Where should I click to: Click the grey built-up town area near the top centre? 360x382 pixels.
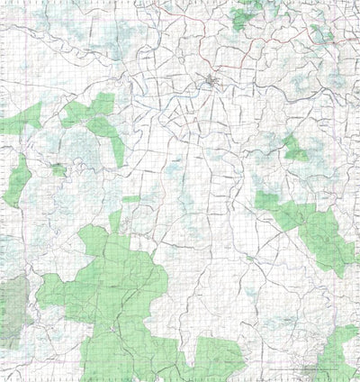point(213,85)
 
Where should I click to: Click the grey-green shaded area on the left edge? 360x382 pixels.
point(13,311)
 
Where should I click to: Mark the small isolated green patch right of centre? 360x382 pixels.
point(295,150)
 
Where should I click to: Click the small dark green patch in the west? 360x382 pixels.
point(58,169)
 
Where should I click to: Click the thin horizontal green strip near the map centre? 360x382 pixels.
point(131,198)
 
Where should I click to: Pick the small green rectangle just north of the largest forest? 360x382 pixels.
point(114,219)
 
